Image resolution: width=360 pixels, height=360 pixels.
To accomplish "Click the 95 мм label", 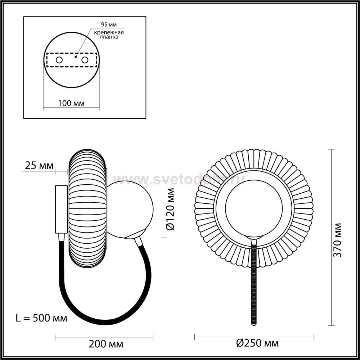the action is [x=109, y=24].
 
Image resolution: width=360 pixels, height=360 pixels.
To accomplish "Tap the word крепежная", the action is [x=109, y=33].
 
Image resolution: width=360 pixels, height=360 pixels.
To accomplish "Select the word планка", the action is [x=109, y=37].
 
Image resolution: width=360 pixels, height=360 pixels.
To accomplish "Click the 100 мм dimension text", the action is [x=71, y=103].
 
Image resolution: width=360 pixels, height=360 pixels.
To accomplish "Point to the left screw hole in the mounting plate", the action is [x=59, y=60].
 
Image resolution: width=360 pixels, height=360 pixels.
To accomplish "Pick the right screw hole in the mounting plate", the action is [x=85, y=60].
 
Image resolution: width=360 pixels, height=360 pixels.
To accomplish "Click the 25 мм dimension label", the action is [x=39, y=166].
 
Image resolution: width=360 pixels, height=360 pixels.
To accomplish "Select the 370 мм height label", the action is [x=337, y=240].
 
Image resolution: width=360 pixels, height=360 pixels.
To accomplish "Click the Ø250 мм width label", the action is [x=257, y=343].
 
